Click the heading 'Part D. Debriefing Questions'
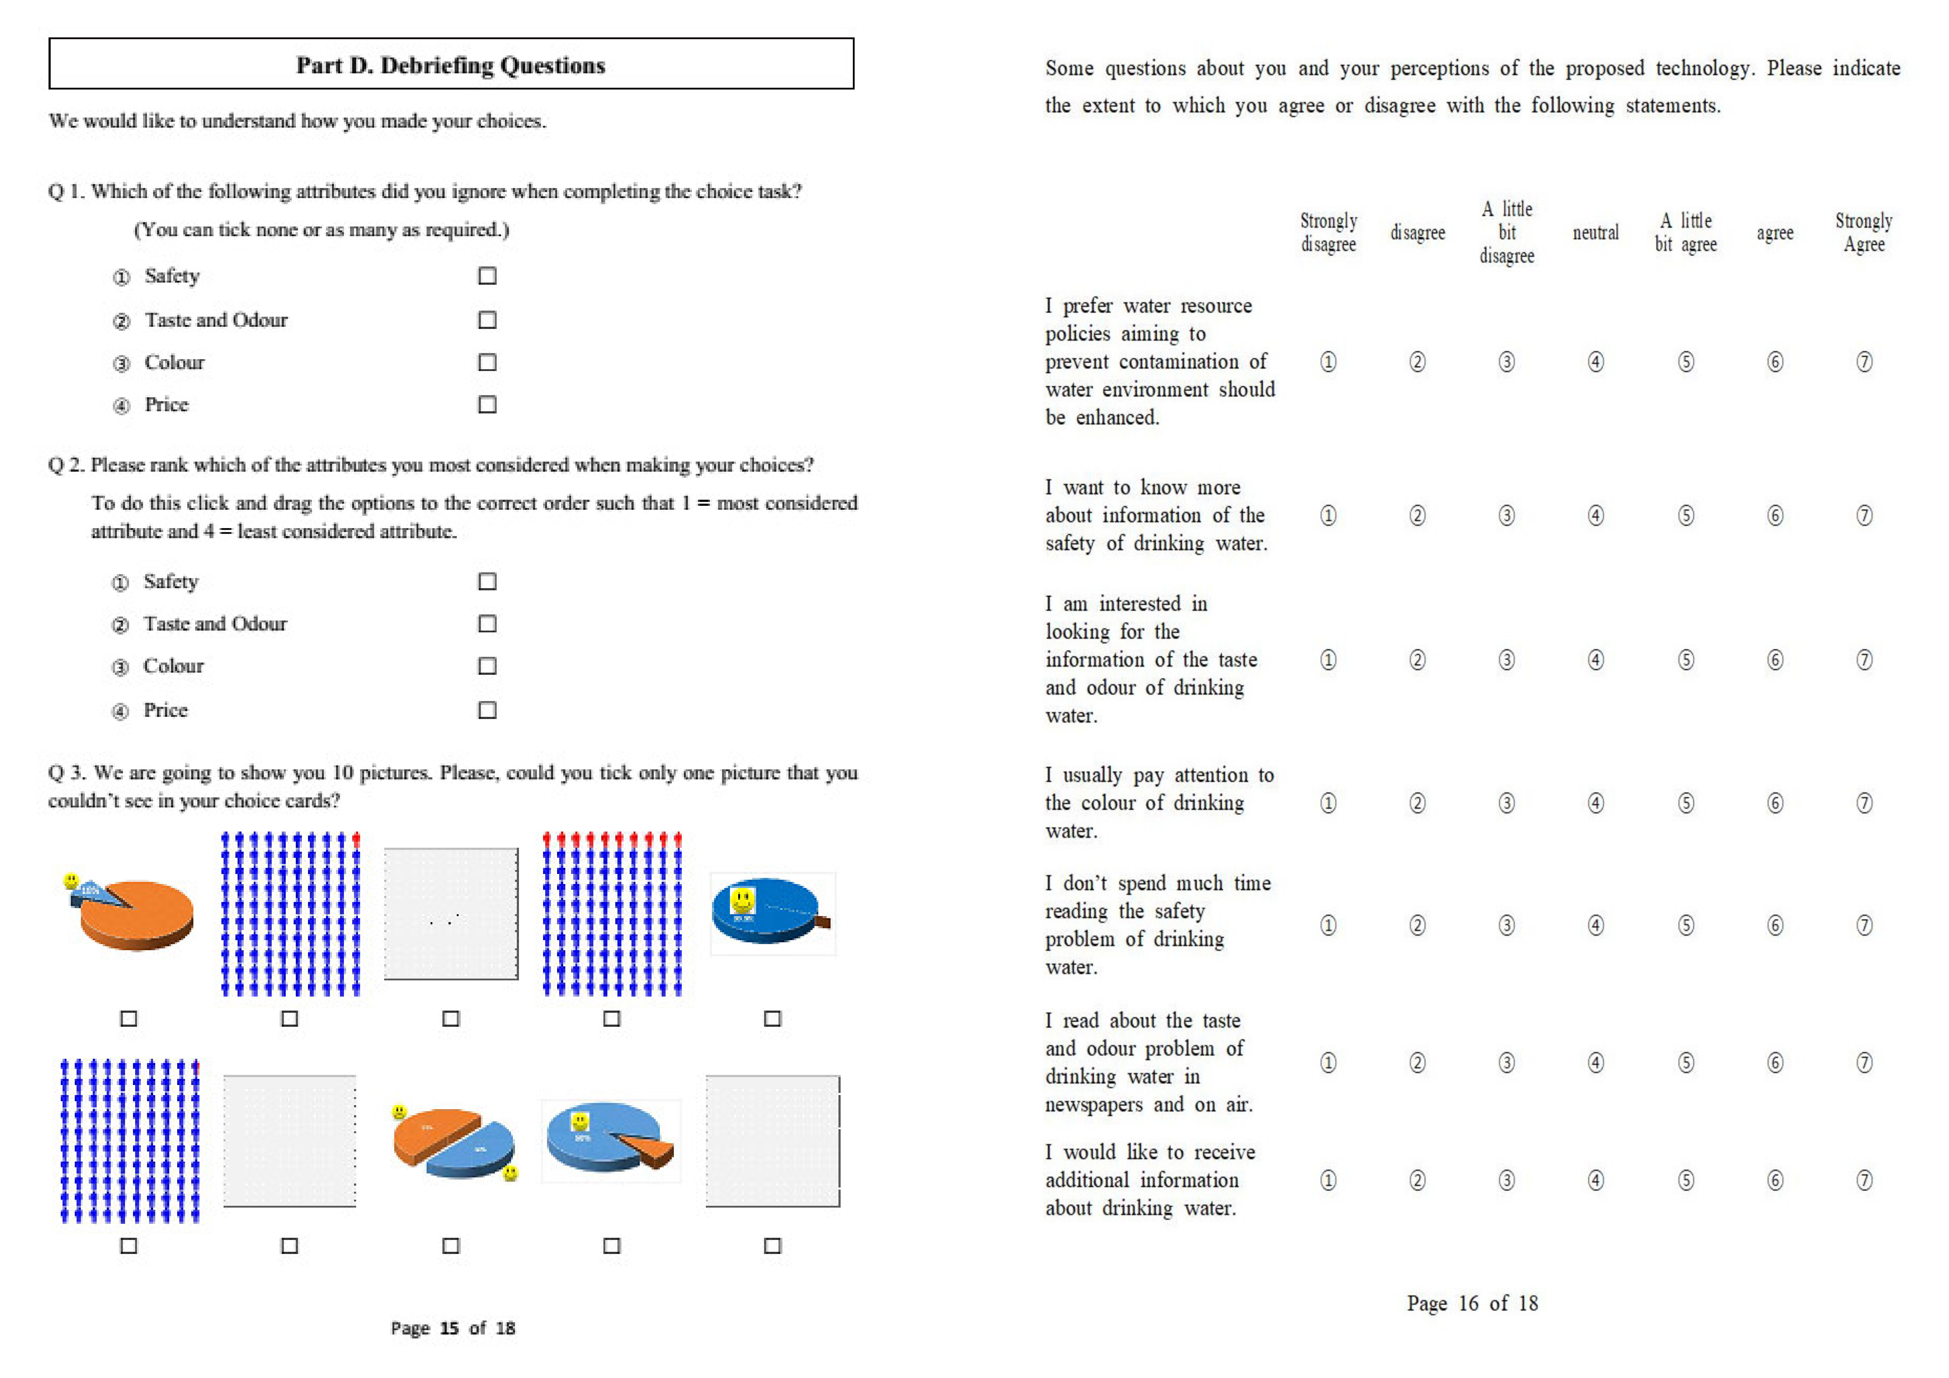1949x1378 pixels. coord(451,65)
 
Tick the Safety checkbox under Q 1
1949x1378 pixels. coord(487,276)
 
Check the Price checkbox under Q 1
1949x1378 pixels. coord(487,405)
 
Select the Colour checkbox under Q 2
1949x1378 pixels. coord(487,667)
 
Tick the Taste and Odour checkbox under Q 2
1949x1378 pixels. coord(487,624)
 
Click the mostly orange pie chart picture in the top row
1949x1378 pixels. coord(134,915)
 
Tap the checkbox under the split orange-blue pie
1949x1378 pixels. coord(451,1246)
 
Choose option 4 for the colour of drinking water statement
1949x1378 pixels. coord(1596,803)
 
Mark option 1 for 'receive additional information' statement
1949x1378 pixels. coord(1328,1180)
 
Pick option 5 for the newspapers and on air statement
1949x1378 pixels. coord(1686,1063)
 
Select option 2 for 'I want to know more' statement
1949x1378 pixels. coord(1417,516)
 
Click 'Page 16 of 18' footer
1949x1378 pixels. coord(1472,1303)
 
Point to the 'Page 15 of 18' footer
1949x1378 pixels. coord(452,1328)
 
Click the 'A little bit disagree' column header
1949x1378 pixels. coord(1507,233)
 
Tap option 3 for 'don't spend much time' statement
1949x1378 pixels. coord(1507,925)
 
